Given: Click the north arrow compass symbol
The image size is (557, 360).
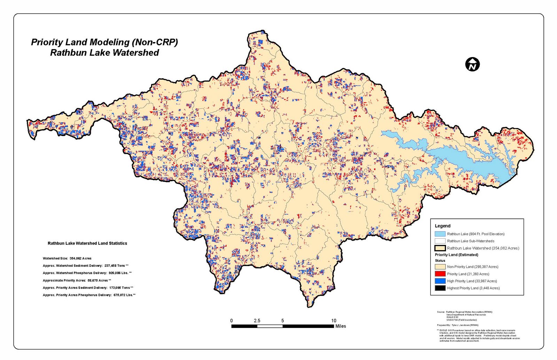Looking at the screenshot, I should [472, 64].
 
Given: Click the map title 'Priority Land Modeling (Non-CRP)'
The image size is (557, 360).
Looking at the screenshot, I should [104, 42].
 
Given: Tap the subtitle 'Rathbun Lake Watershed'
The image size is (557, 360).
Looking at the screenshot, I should [104, 53].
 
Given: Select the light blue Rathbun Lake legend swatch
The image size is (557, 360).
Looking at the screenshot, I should [440, 234].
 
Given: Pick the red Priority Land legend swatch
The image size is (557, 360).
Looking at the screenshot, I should [440, 274].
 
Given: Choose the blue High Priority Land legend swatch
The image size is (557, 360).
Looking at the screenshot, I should [440, 281].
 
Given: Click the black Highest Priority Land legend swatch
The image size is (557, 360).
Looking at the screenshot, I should [440, 288].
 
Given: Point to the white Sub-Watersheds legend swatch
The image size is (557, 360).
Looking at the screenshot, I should [440, 241].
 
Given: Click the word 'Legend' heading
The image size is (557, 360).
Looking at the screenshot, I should [442, 226].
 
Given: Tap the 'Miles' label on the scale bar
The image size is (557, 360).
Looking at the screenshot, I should [340, 326].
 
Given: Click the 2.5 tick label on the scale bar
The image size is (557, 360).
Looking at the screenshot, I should [257, 321].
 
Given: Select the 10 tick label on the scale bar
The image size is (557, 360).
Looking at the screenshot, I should [334, 321].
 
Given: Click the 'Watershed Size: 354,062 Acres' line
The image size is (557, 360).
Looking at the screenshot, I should [67, 258].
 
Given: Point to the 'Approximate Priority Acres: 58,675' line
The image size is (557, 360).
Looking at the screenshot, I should [77, 280].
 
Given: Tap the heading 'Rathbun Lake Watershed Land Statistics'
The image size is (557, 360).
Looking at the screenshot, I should [87, 243].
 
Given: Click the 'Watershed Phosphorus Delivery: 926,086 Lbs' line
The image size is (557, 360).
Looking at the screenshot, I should [87, 273].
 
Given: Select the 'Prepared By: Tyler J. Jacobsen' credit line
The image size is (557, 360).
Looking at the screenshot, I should [457, 325].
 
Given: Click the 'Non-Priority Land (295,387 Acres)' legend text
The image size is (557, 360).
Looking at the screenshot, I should [472, 267].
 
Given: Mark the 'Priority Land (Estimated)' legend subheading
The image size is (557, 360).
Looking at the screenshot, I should [456, 255].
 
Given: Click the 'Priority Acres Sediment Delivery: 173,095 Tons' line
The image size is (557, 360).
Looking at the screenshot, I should [88, 288].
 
